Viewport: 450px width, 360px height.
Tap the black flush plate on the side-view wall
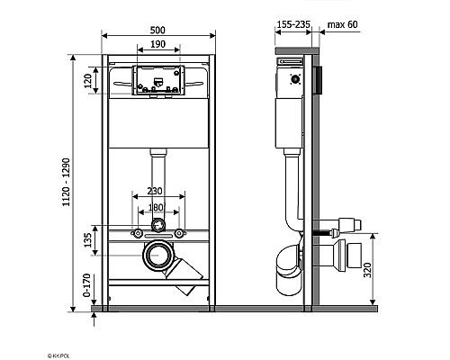coord(316,78)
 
